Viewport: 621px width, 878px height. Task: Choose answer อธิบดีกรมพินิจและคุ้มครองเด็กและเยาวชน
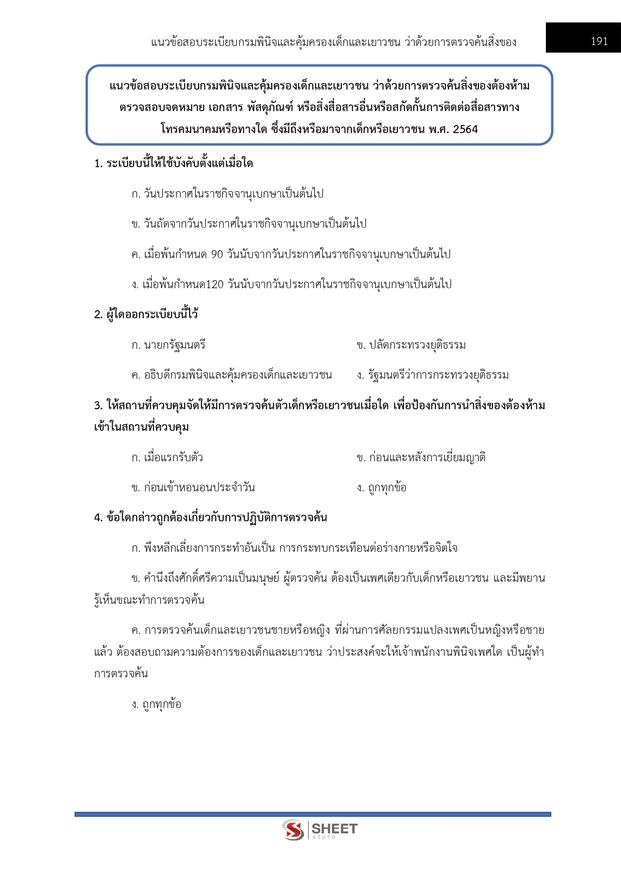[x=224, y=375]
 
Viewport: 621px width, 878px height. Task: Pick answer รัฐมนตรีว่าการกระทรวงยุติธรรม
[x=432, y=375]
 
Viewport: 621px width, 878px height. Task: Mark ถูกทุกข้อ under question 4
[x=149, y=704]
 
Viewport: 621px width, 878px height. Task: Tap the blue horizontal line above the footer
[x=312, y=814]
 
